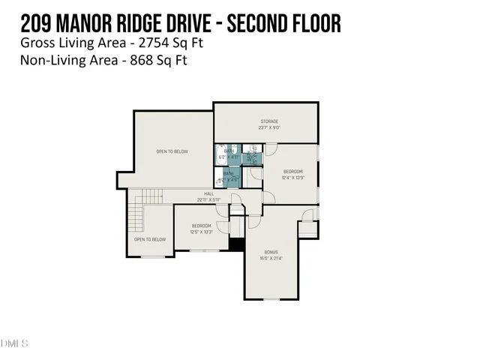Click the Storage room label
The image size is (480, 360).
(269, 121)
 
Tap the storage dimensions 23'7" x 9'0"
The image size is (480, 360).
(269, 127)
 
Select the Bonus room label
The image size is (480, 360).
(271, 252)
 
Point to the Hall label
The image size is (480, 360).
(199, 193)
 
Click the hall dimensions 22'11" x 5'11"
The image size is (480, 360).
(199, 199)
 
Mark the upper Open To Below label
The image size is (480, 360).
(172, 151)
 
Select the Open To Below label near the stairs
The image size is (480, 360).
(150, 239)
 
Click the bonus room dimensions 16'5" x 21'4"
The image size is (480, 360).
(271, 258)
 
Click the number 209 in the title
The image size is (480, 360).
(40, 23)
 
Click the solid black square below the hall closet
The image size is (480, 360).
(236, 244)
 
